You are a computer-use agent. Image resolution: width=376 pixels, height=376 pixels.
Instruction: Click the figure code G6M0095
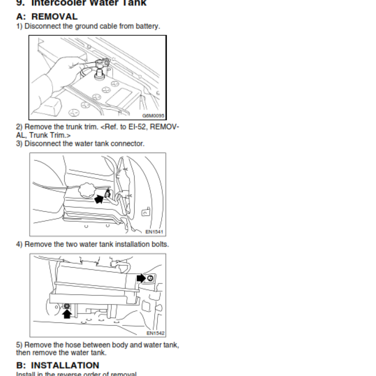pos(153,116)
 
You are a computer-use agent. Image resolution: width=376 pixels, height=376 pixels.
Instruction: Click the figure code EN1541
pos(155,231)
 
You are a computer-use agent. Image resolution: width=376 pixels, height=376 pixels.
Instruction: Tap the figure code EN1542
pos(155,333)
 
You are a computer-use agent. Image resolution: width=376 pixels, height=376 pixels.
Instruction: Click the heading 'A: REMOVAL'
pos(47,16)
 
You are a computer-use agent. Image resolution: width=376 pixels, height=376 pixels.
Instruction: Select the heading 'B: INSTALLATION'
pos(58,365)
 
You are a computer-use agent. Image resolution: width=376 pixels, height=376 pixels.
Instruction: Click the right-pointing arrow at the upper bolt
pos(141,278)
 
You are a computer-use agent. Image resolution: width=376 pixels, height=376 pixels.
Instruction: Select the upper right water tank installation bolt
pos(150,278)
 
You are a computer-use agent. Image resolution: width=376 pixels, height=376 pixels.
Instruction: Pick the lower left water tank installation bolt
pos(67,306)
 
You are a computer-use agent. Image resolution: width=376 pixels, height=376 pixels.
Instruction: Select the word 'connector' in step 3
pos(128,143)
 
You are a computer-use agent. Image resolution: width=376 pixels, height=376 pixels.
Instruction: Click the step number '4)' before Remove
pos(19,244)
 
